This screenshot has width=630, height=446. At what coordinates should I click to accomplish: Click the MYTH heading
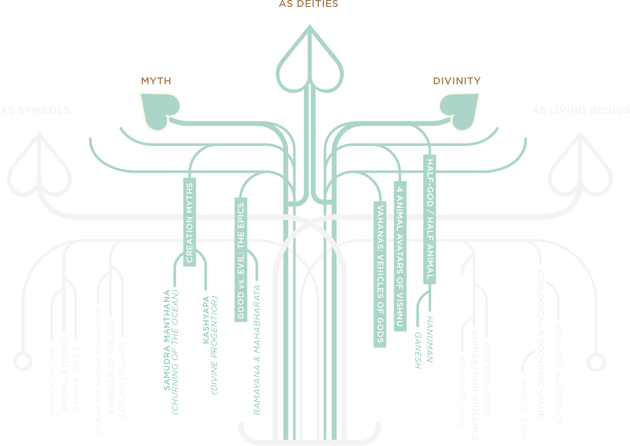click(x=156, y=81)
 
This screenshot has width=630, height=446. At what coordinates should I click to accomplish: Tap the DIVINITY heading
click(x=457, y=81)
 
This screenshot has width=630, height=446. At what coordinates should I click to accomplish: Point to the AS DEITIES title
click(x=309, y=4)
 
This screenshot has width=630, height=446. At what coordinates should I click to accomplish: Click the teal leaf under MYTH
click(x=159, y=109)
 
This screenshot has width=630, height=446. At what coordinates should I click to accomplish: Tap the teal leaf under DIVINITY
click(x=460, y=109)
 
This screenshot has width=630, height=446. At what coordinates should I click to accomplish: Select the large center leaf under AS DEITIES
click(x=310, y=66)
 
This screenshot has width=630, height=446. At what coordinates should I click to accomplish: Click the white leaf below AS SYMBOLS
click(x=39, y=169)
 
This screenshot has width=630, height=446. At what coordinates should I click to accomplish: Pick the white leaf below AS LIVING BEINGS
click(x=580, y=169)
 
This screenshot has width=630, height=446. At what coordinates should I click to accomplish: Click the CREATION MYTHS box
click(x=189, y=222)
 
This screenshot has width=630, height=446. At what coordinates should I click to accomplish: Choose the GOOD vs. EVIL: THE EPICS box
click(x=241, y=259)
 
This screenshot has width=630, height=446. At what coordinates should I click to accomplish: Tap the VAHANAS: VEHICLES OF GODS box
click(x=380, y=274)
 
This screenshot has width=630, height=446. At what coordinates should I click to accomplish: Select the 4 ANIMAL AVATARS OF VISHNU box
click(x=400, y=256)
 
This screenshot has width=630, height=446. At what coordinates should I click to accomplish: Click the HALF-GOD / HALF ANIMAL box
click(x=430, y=219)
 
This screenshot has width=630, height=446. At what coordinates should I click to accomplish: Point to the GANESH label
click(x=418, y=350)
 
